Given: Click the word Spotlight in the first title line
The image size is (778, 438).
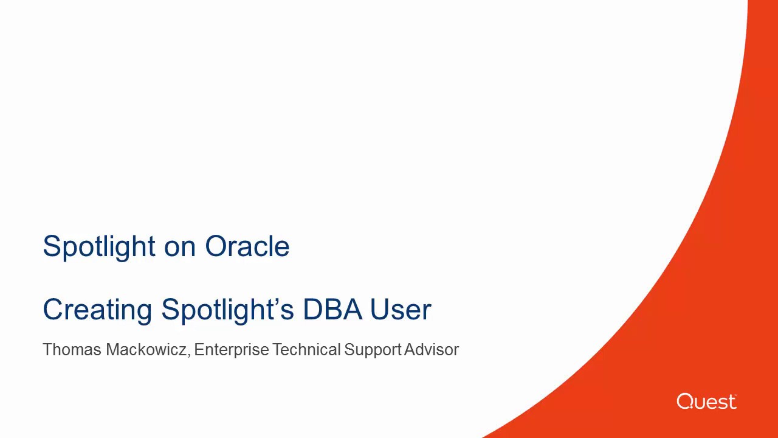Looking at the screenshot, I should click(x=99, y=247).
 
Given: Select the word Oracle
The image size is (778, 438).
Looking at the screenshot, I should click(x=247, y=247).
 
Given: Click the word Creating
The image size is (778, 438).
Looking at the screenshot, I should click(x=98, y=310).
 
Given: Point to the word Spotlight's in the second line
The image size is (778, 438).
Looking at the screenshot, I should click(x=227, y=310).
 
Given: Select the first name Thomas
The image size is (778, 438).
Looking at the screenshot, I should click(x=72, y=350).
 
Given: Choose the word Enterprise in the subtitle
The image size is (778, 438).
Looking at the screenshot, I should click(x=231, y=350).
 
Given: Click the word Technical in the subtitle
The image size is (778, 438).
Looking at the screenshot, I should click(x=306, y=350).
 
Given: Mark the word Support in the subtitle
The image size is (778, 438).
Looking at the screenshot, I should click(x=373, y=350).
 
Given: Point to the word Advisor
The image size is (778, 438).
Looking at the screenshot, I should click(x=432, y=350).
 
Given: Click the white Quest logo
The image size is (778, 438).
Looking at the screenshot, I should click(x=706, y=401).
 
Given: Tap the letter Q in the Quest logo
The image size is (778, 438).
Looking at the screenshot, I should click(x=685, y=401).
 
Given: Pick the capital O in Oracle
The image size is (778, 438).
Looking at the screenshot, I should click(x=216, y=247).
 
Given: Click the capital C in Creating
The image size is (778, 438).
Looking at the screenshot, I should click(x=53, y=309).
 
